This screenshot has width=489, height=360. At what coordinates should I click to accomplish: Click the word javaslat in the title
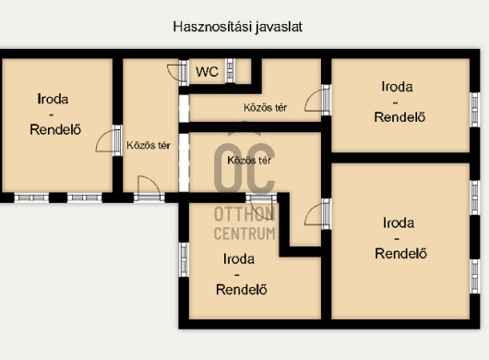pos(280,27)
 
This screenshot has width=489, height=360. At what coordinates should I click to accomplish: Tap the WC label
pos(207,72)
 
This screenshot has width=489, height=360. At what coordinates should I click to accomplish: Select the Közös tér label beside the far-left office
pos(149,145)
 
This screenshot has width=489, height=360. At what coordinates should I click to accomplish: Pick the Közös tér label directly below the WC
pos(265,108)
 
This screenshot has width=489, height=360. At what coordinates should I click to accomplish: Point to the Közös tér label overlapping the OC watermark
pos(249,161)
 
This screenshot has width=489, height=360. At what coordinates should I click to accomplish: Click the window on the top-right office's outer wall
pos(474,110)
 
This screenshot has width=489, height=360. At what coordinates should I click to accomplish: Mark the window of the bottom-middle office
pos(184,259)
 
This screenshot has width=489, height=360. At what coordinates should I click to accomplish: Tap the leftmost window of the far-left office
pos(31,198)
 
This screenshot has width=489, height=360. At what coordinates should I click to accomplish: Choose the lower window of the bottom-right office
pos(474,276)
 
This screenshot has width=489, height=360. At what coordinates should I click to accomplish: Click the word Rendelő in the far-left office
pos(55,129)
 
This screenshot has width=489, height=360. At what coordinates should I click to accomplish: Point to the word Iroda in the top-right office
pos(397,87)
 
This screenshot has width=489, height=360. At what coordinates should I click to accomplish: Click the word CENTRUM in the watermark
pos(244,234)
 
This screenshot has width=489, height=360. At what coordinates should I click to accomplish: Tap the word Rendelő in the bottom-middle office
pos(242,290)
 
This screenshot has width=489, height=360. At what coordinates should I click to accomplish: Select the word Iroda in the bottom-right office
pos(399,222)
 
